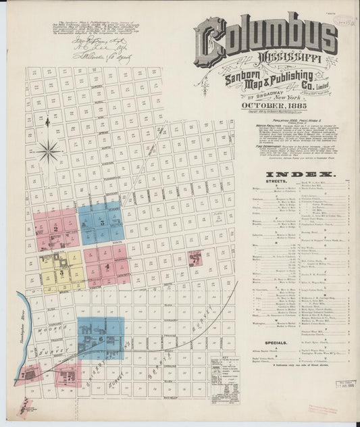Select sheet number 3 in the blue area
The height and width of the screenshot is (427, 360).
102,222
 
